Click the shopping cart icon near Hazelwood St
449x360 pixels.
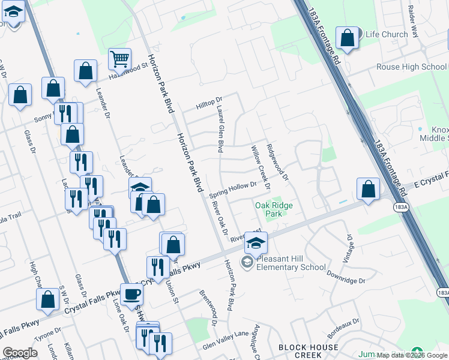coord(120,59)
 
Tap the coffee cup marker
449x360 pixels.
coord(132,295)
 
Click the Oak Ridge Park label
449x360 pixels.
coord(274,209)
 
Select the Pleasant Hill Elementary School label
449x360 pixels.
coord(291,263)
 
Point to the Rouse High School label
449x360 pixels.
coord(412,67)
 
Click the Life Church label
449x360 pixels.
coord(387,34)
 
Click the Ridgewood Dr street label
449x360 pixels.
coord(277,162)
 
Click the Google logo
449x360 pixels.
coord(20,352)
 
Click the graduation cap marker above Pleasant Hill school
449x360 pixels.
coord(256,242)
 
